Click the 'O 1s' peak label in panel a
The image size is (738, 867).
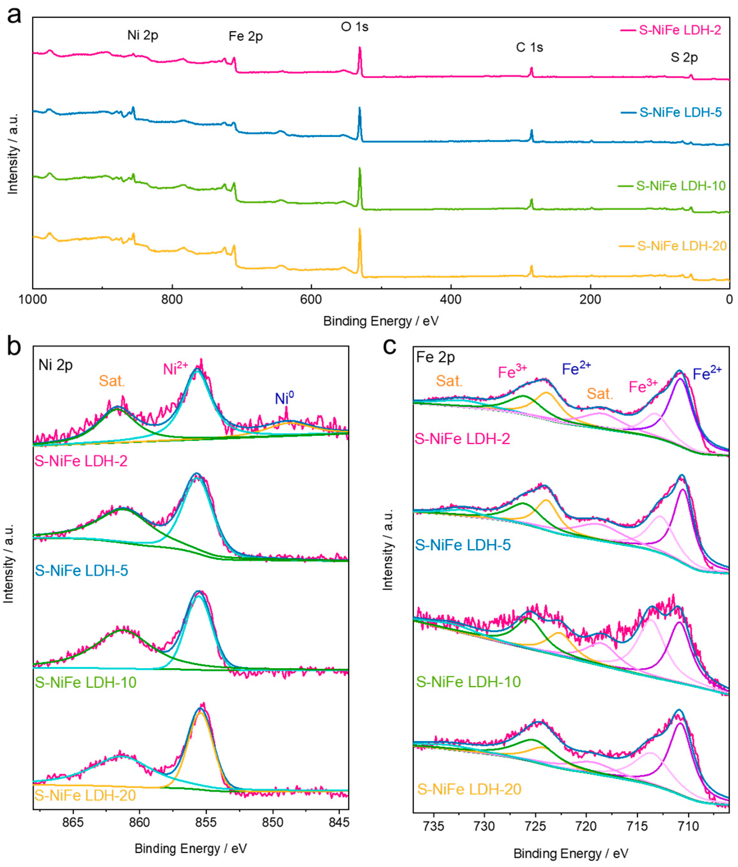coord(355,27)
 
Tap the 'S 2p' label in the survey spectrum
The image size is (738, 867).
coord(684,57)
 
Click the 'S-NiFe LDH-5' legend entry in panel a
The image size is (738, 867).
coord(680,112)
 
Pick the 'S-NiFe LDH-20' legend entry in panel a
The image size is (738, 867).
coord(682,246)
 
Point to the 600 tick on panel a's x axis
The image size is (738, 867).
coord(311,299)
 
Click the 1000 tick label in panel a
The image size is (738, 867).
coord(33,299)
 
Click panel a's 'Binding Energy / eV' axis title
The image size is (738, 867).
coord(381,321)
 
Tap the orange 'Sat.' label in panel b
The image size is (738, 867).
coord(112,381)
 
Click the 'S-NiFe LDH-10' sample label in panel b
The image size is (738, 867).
coord(86,682)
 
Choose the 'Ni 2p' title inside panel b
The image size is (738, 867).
coord(56,365)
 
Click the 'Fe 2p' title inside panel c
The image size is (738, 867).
coord(436,357)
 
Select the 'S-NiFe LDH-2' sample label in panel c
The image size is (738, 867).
coord(462,439)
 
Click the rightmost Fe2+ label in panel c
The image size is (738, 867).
coord(707,373)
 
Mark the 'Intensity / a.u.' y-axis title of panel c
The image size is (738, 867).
coord(388,550)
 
